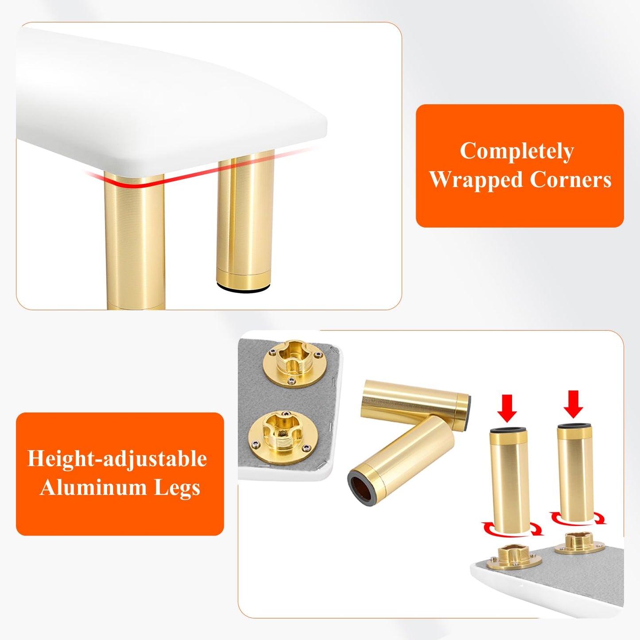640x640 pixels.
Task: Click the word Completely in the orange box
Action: (x=517, y=151)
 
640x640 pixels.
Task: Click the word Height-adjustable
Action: (x=117, y=459)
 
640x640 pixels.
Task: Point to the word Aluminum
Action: (x=93, y=488)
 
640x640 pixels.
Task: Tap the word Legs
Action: (x=177, y=488)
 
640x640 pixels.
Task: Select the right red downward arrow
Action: (x=574, y=404)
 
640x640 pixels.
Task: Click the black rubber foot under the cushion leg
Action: (x=243, y=288)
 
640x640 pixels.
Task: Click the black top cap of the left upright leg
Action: (x=508, y=430)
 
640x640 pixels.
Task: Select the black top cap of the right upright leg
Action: (x=575, y=425)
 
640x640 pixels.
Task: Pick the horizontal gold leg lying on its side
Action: (x=415, y=400)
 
